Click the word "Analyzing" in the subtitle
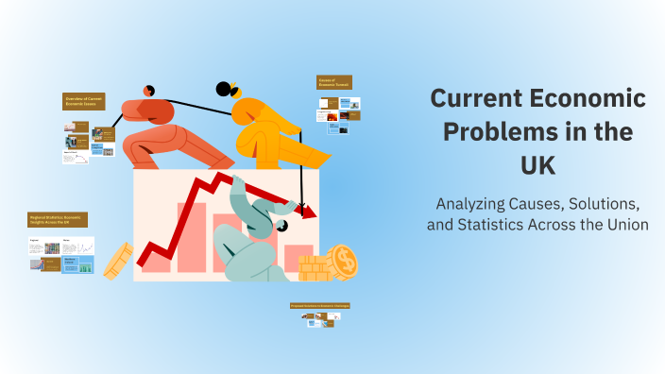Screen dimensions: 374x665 477,203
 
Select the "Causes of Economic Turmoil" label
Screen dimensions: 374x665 334,82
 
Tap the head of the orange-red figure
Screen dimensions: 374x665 148,91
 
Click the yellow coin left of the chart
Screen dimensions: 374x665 117,261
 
